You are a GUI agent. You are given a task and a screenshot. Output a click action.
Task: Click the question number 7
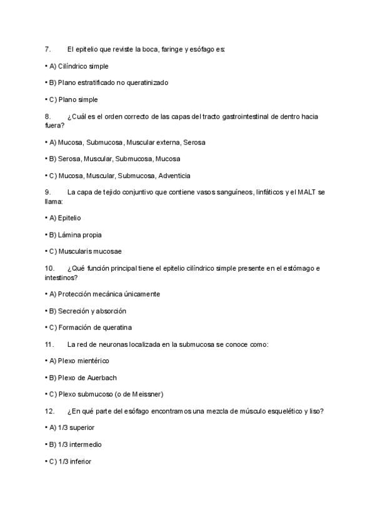coord(47,49)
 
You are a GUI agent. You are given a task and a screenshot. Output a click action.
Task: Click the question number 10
coord(49,269)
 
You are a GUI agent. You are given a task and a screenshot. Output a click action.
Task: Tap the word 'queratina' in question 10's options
coord(116,327)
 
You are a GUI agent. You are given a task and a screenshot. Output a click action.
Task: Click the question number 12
coord(49,411)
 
